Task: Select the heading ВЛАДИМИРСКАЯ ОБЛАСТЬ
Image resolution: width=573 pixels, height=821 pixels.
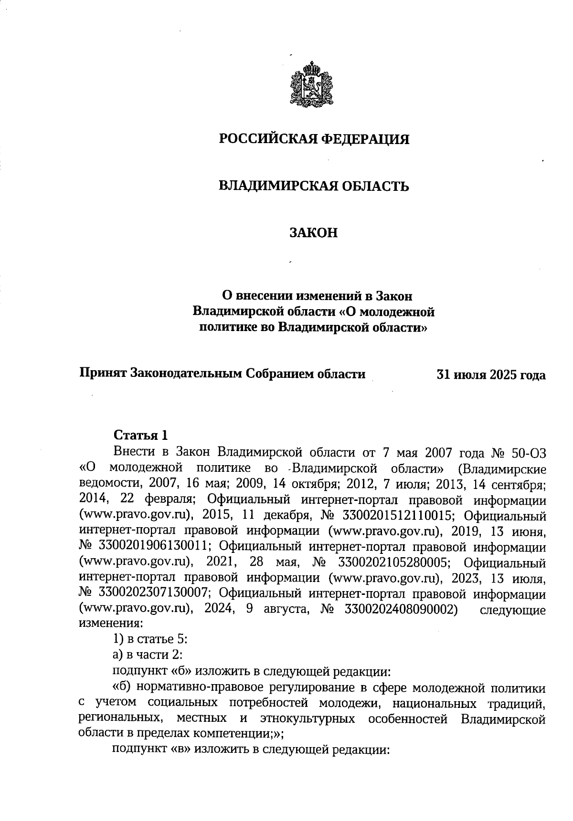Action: click(x=314, y=186)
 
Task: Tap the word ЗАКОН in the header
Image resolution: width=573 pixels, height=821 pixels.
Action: click(x=314, y=233)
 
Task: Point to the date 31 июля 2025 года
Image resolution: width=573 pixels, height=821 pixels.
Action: click(x=491, y=375)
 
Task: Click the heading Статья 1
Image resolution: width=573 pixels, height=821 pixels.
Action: click(x=141, y=435)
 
